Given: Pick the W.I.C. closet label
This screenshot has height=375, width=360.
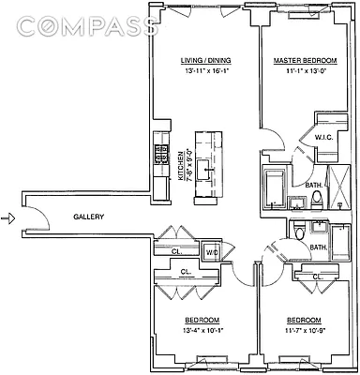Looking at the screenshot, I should click(323, 138).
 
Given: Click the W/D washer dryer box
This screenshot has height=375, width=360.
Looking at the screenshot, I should click(212, 252).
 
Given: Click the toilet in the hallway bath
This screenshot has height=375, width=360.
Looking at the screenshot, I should click(298, 233).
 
